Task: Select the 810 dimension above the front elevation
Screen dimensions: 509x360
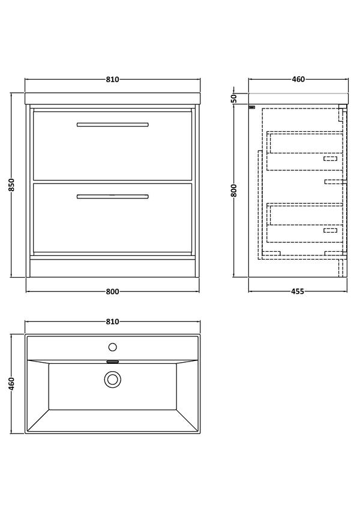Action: point(113,79)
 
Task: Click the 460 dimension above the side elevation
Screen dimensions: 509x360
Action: point(298,79)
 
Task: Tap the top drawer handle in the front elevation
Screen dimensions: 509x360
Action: point(113,125)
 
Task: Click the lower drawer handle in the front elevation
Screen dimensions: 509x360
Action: point(113,195)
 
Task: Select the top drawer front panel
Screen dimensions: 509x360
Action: point(113,147)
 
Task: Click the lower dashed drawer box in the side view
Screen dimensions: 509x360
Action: point(305,222)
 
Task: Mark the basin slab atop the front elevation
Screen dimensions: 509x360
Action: point(113,99)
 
